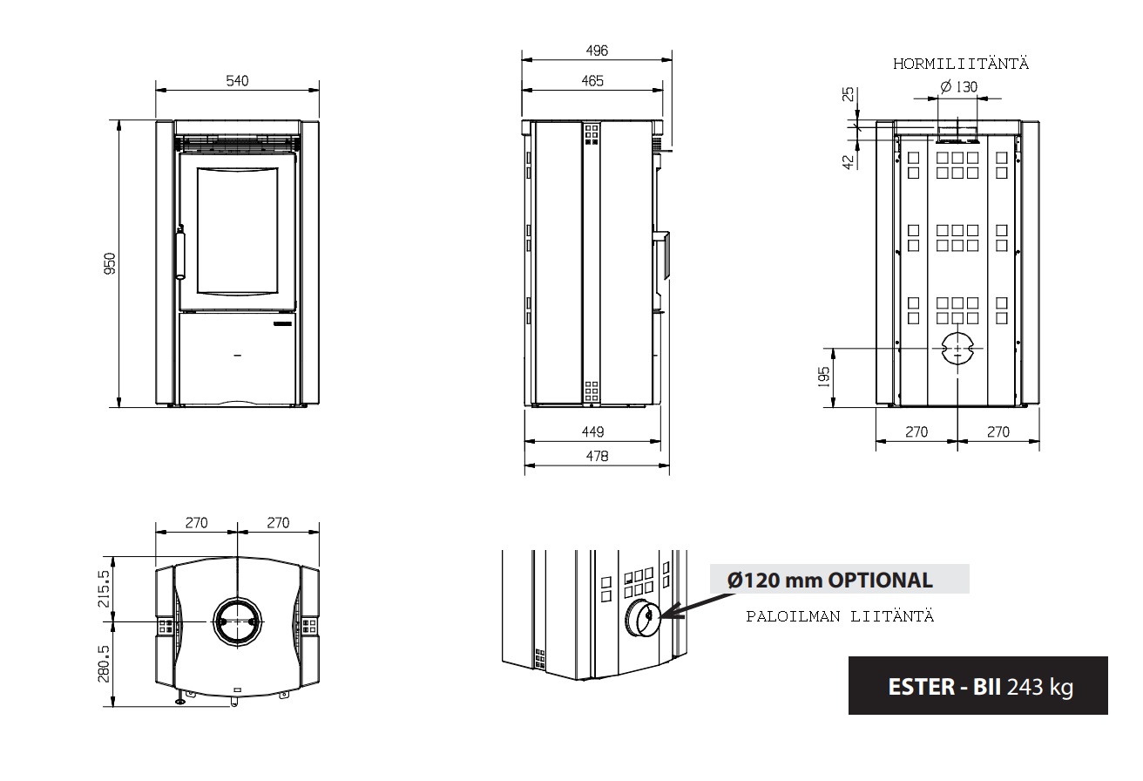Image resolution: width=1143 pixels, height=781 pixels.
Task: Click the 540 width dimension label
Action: [x=237, y=81]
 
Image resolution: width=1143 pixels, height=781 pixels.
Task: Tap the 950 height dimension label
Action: [x=110, y=263]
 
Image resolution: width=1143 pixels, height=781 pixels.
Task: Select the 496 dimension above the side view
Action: [x=597, y=51]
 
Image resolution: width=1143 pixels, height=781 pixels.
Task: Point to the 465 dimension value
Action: [x=592, y=81]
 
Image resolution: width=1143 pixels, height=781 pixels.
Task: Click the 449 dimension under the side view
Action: [x=593, y=431]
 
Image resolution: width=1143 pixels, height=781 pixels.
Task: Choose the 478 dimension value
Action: [x=597, y=456]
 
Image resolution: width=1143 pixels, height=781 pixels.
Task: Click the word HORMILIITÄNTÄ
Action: [x=961, y=64]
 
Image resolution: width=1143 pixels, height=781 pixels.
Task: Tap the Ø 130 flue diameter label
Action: [x=959, y=87]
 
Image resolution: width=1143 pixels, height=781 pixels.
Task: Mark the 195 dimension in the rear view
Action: [x=824, y=377]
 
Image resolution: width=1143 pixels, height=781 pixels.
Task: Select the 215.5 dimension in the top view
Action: [x=104, y=589]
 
